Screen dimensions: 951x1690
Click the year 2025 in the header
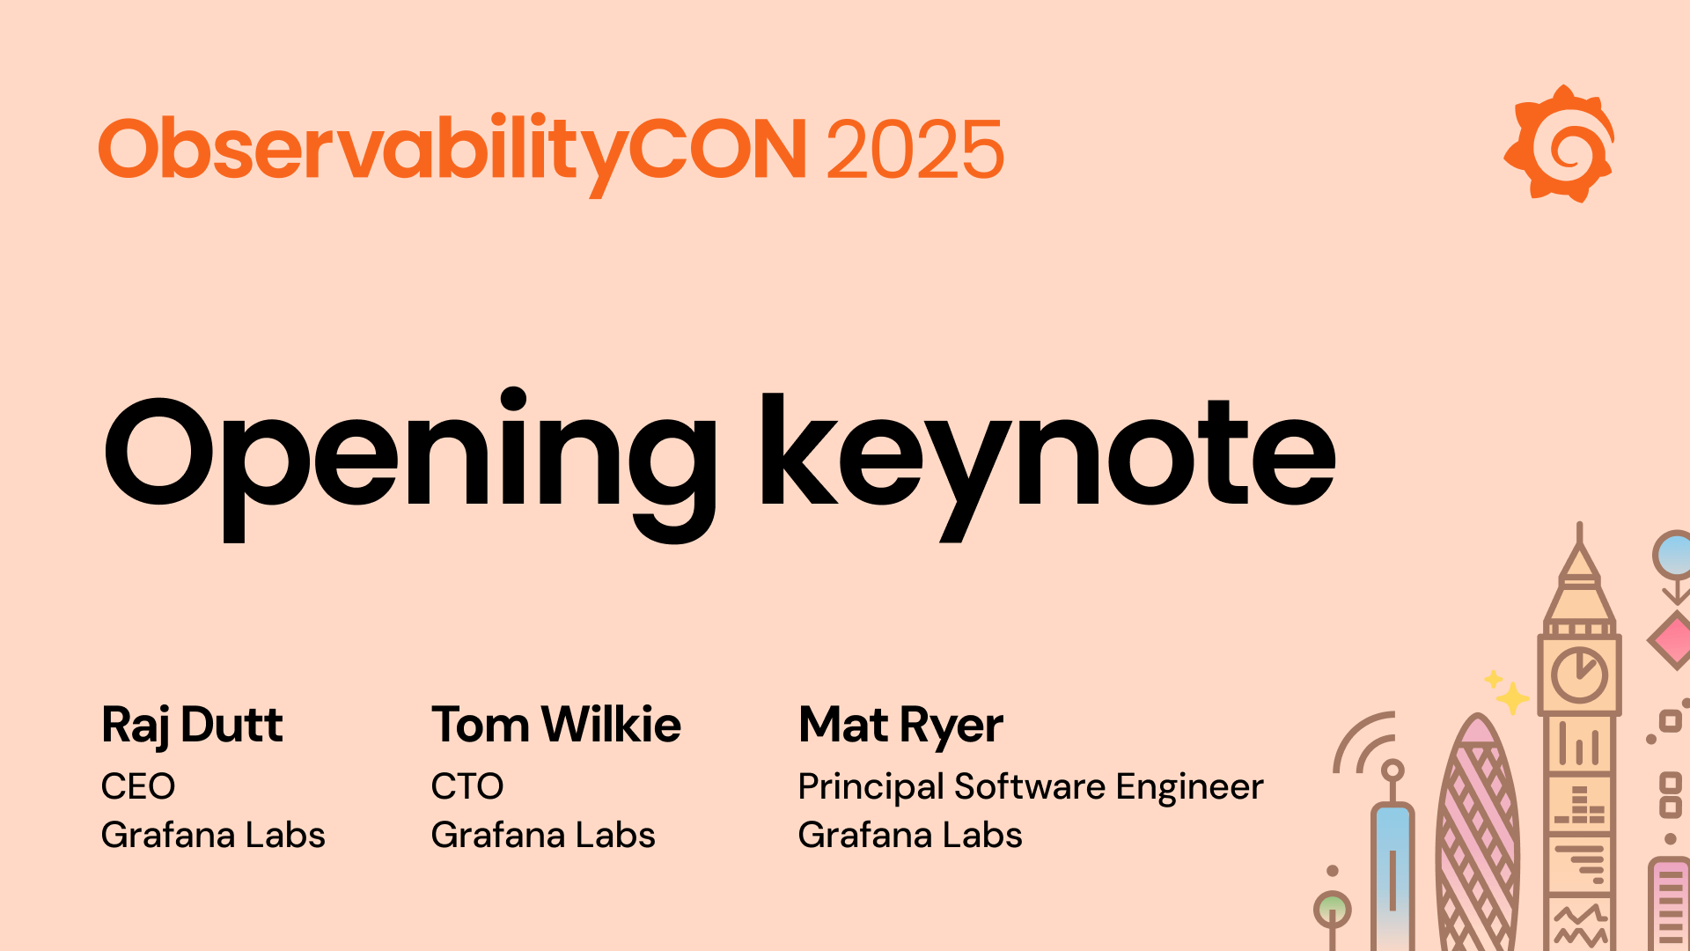[915, 151]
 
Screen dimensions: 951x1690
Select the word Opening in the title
[410, 454]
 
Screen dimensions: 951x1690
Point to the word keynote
[1047, 454]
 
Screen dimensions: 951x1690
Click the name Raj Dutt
[192, 726]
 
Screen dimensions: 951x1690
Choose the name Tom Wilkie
[555, 726]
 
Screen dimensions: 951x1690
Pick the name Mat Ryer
[900, 726]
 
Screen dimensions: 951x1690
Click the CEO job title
[138, 786]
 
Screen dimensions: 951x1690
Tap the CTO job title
[467, 786]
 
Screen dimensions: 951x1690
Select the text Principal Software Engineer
[1030, 786]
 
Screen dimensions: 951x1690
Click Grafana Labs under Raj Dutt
[213, 835]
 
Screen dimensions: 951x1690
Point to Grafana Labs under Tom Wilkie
[543, 835]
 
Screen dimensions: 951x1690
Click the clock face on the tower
[1579, 676]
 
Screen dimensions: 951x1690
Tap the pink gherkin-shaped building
[1478, 837]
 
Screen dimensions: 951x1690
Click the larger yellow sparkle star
[1512, 698]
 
